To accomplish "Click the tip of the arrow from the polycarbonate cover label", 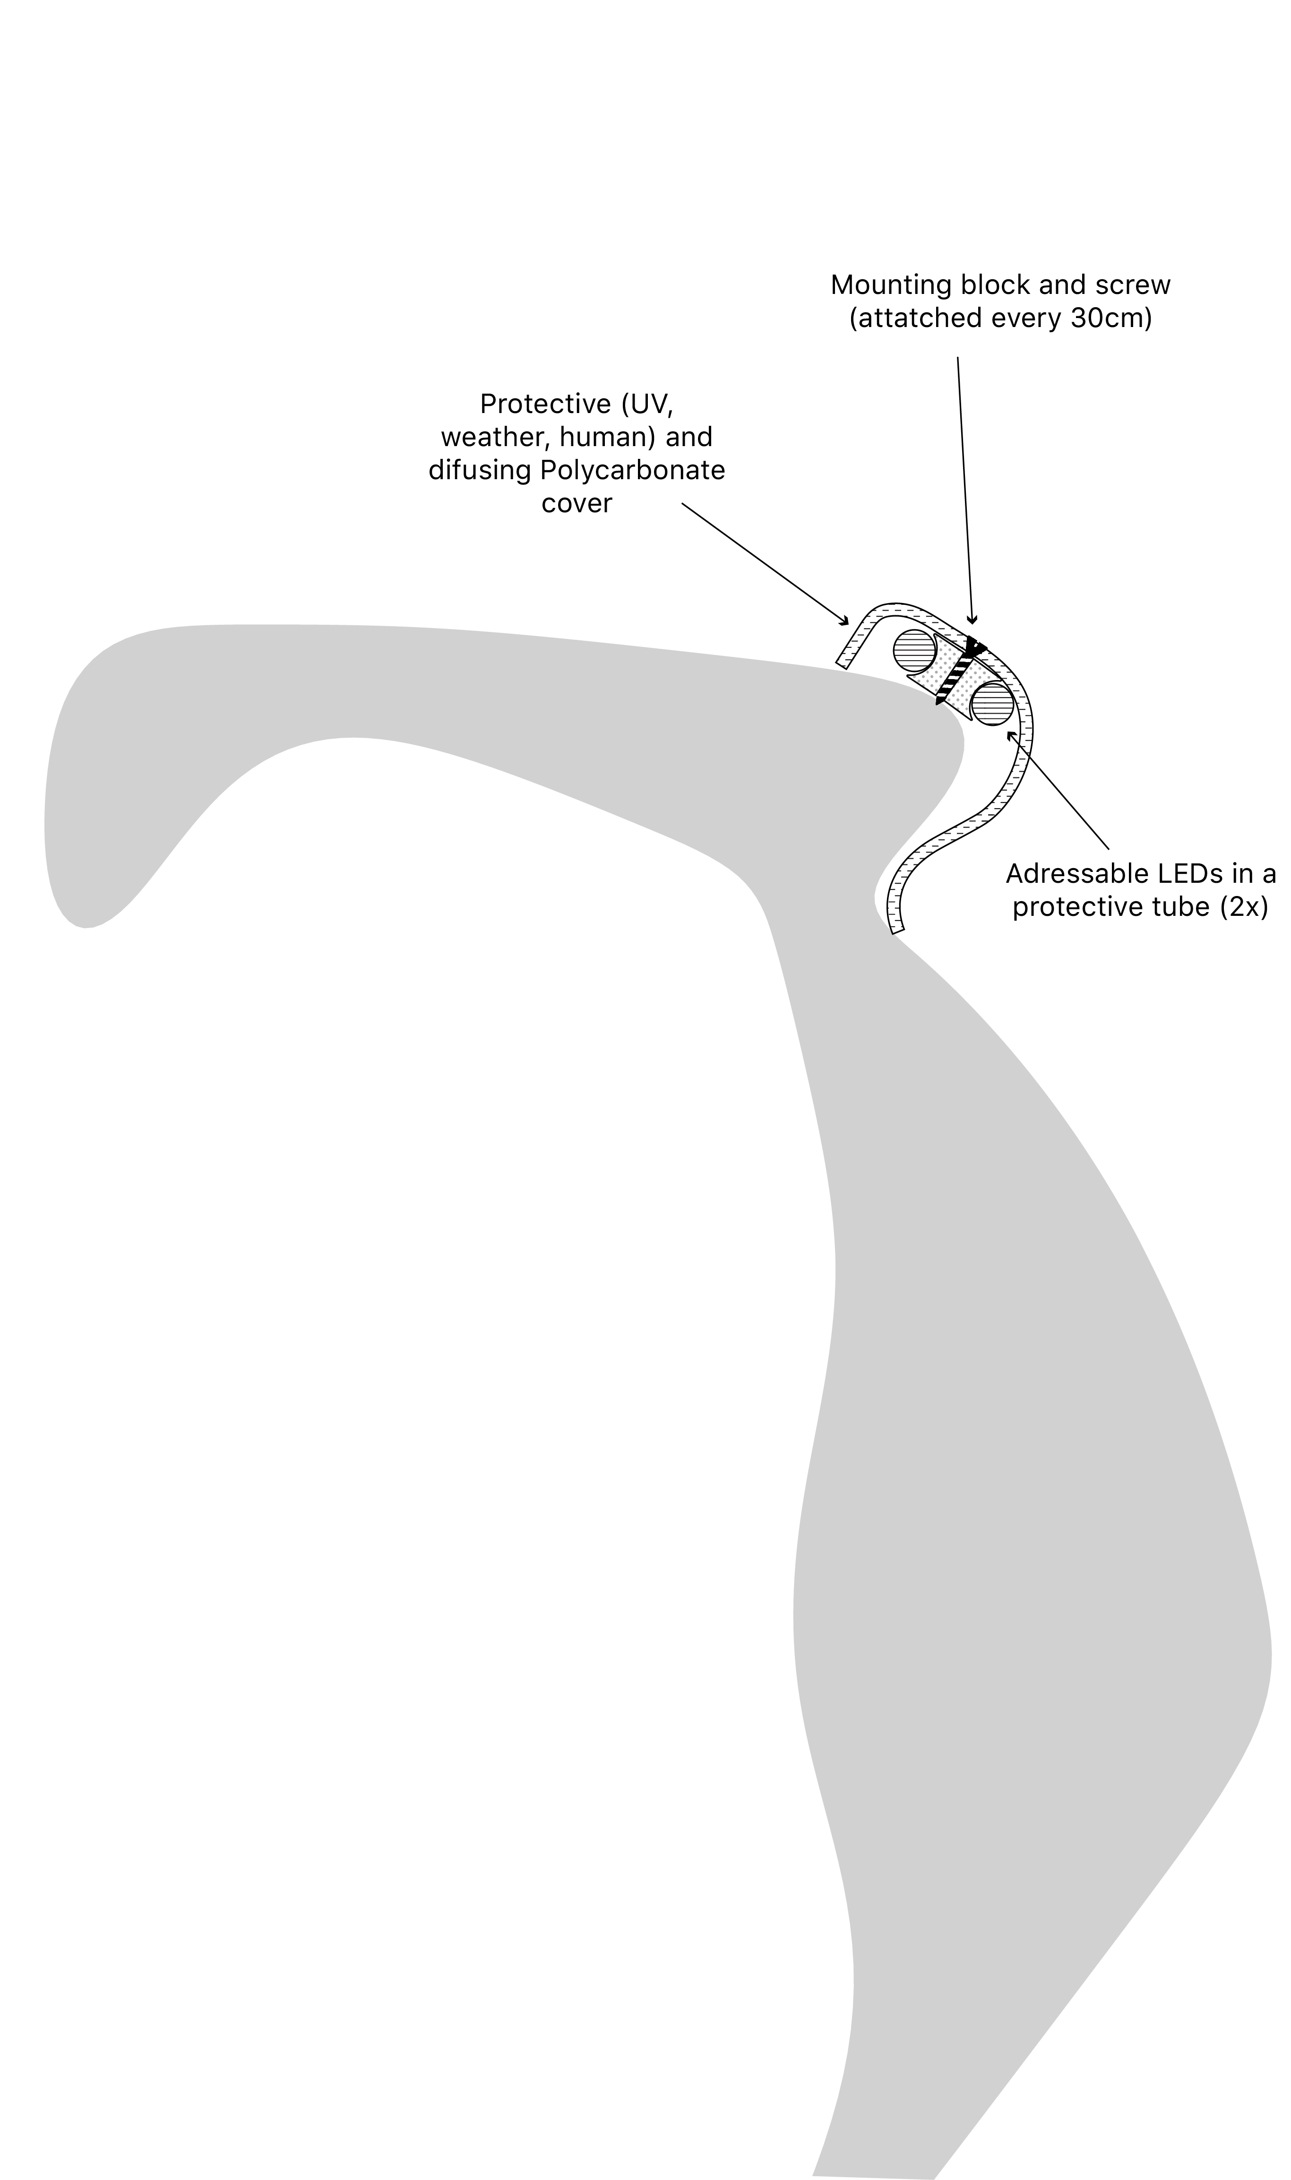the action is (848, 625).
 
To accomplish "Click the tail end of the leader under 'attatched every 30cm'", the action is (958, 357).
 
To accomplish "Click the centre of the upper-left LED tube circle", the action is (914, 650).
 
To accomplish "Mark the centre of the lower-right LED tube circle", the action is (993, 704).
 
